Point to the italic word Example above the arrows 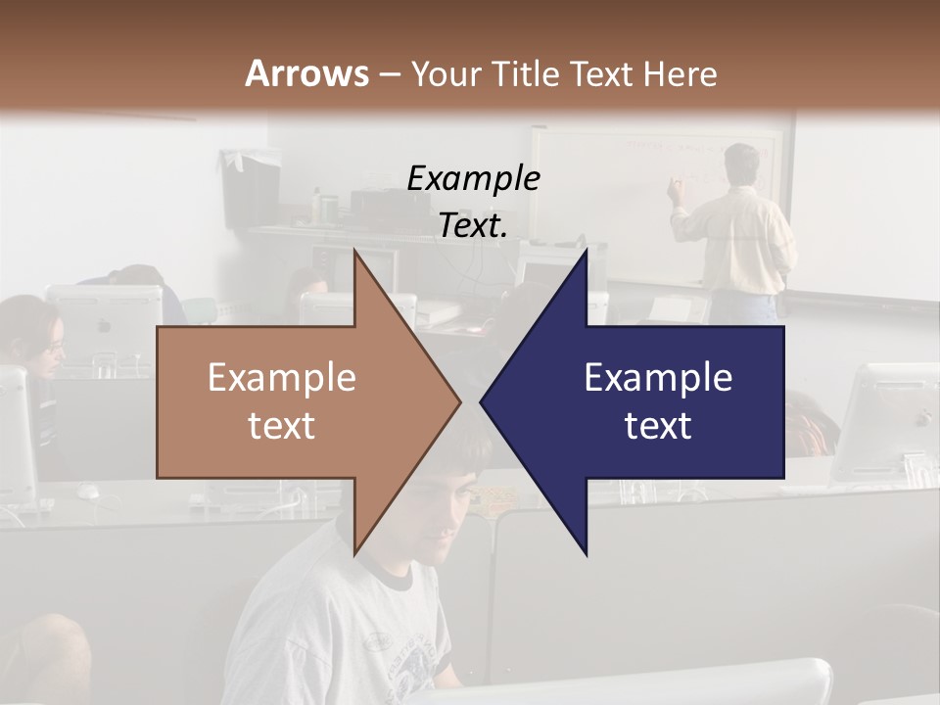[x=473, y=179]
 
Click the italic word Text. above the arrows [x=473, y=226]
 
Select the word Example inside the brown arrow [x=282, y=378]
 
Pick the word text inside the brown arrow [x=282, y=426]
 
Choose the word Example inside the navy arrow [x=658, y=378]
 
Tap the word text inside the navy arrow [x=658, y=426]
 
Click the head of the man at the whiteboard [x=742, y=163]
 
